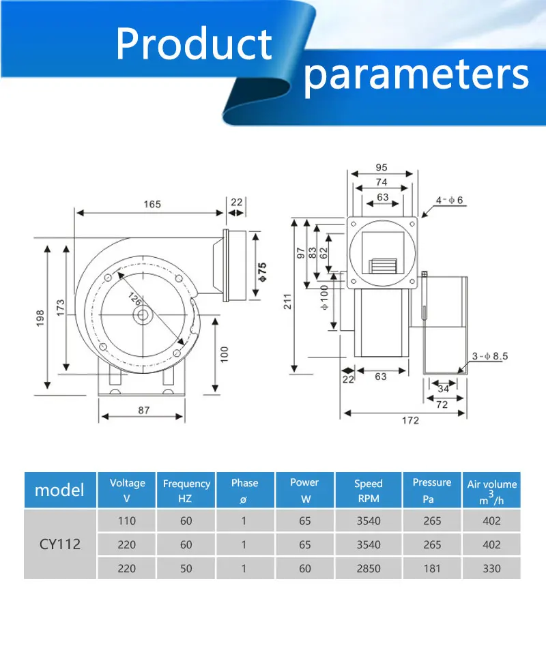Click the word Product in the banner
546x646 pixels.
point(194,44)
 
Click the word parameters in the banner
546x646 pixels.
point(416,75)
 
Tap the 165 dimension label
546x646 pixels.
point(152,205)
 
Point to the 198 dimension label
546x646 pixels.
point(40,319)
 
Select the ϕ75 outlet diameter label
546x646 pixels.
point(263,272)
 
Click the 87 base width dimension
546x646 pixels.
point(144,411)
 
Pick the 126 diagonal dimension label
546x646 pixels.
point(135,299)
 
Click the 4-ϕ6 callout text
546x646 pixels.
point(449,201)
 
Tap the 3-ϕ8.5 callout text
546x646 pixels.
point(490,356)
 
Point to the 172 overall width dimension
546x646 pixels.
point(410,420)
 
